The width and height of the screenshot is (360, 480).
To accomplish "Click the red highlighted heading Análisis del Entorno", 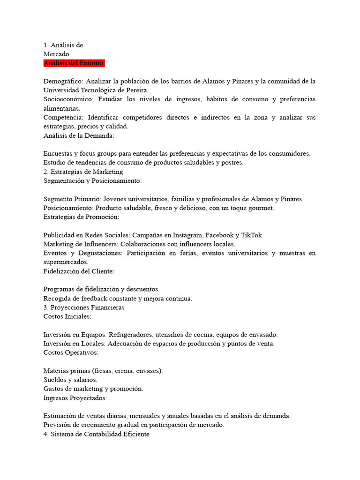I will tap(74, 63).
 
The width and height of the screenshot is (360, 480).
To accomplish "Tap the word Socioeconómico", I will tap(68, 99).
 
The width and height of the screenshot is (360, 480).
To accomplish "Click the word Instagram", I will tap(188, 235).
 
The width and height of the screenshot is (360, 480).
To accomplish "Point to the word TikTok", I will tap(252, 235).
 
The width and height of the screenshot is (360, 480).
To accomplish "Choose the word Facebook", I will tap(218, 235).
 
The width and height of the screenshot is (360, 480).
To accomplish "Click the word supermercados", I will tap(66, 262).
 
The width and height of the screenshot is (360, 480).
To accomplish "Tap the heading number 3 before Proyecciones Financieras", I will tap(45, 307).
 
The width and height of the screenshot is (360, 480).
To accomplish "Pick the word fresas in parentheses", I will tap(94, 371).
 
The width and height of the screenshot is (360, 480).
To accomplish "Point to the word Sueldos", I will tap(55, 380).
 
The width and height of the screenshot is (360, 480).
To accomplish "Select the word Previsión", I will tap(58, 425).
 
